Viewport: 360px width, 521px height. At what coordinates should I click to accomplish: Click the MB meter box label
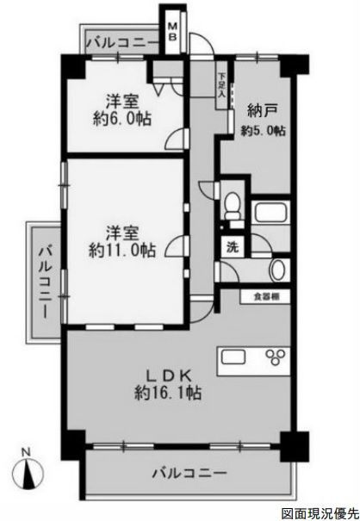point(172,31)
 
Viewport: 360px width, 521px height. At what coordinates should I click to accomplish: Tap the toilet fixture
point(233,205)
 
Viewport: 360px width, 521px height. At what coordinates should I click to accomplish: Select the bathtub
point(270,213)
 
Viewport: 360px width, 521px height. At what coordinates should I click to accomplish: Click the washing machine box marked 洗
point(233,247)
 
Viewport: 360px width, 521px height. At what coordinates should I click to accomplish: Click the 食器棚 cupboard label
point(266,296)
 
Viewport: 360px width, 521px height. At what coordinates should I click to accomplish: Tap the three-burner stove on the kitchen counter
point(276,357)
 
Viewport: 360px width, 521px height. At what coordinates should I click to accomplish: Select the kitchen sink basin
point(233,357)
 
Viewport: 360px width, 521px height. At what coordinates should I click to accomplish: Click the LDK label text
point(169,375)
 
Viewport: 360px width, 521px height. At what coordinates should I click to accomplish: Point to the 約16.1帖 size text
point(168,393)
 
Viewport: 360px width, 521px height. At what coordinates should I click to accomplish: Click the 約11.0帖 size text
point(122,251)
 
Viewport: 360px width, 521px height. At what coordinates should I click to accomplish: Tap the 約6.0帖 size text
point(122,118)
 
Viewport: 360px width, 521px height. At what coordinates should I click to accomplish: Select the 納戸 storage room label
point(263,111)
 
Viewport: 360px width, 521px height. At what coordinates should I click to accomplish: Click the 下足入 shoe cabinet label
point(221,85)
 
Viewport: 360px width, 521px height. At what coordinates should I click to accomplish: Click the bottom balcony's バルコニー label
point(189,473)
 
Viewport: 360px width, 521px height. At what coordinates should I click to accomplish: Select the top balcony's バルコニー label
point(123,43)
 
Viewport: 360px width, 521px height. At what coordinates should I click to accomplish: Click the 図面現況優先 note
point(319,513)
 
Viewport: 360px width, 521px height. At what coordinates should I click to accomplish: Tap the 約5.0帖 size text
point(264,131)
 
